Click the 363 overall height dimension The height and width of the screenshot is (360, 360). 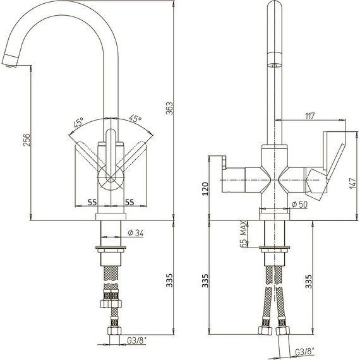[169, 108]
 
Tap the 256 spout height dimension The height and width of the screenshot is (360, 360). [27, 140]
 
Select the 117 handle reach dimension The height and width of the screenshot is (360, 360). [309, 116]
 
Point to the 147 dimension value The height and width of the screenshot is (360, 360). [353, 183]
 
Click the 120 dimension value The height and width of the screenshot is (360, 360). [205, 189]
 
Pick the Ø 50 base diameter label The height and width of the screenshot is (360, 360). [299, 204]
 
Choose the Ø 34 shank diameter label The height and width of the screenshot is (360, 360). [135, 233]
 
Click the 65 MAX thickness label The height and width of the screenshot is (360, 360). [243, 234]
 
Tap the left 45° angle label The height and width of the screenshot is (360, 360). [78, 123]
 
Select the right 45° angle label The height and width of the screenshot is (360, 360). [135, 118]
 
